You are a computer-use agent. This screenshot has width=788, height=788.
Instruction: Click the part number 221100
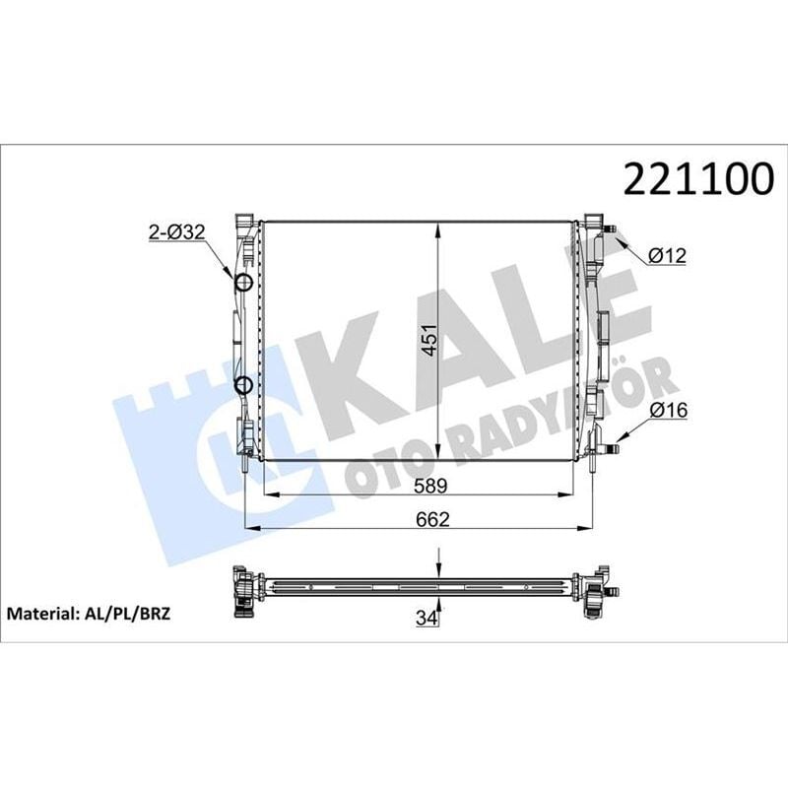[x=690, y=179]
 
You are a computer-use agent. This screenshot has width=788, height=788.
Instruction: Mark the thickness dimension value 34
[x=427, y=618]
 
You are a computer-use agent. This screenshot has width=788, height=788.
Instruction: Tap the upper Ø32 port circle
[x=244, y=284]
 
